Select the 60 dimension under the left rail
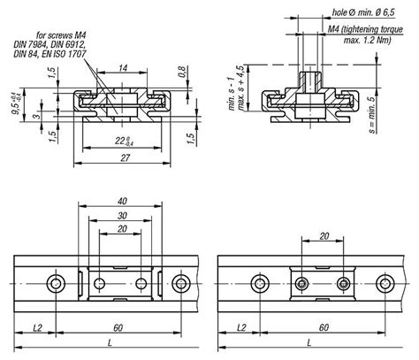click(x=118, y=328)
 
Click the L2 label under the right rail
click(x=239, y=328)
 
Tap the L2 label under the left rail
click(x=36, y=328)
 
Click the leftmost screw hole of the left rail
click(x=57, y=283)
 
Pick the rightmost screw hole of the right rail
click(x=386, y=283)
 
